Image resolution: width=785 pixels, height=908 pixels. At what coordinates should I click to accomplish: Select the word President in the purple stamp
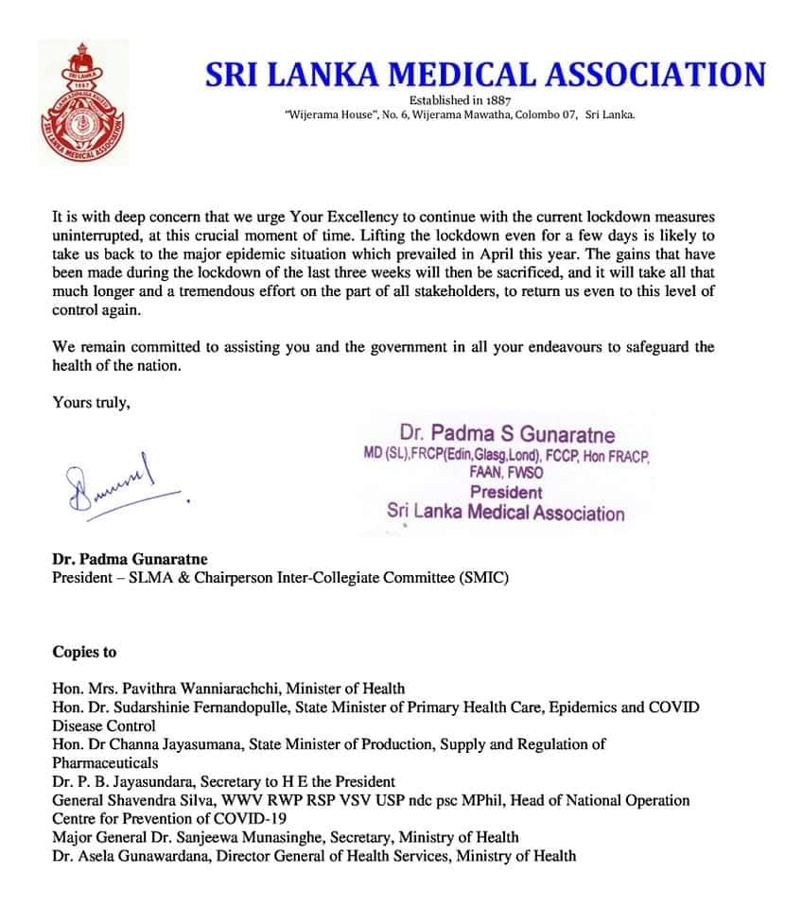[x=507, y=492]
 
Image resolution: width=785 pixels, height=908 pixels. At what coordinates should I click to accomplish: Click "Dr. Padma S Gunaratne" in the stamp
[x=507, y=436]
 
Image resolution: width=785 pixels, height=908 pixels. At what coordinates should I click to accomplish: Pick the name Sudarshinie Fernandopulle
[x=233, y=707]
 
